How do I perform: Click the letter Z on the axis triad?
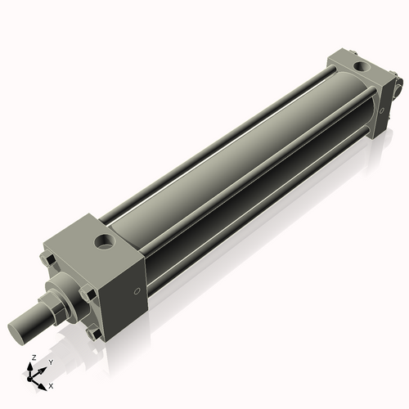pyautogui.click(x=32, y=358)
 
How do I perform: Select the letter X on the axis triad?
pyautogui.click(x=52, y=384)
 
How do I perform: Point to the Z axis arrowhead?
pyautogui.click(x=32, y=366)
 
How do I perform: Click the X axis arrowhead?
pyautogui.click(x=44, y=382)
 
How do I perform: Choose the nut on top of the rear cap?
pyautogui.click(x=338, y=58)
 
